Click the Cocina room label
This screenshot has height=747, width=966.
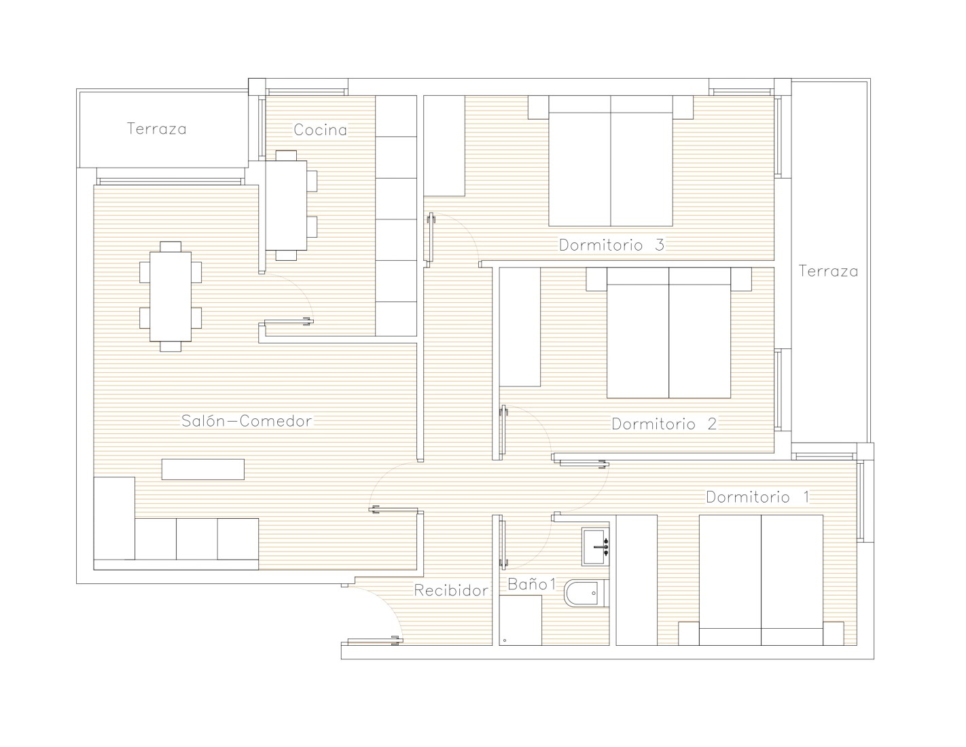coord(320,130)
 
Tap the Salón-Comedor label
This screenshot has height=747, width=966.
coord(247,420)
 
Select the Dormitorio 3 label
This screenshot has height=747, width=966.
coord(611,245)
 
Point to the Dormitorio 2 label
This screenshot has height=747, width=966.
coord(664,424)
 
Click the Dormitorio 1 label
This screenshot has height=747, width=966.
coord(758,497)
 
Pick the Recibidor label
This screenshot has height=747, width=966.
coord(452,590)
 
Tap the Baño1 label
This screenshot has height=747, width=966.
coord(532,584)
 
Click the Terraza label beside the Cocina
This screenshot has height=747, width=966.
coord(156,129)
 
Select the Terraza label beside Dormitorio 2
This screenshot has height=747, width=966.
coord(828,271)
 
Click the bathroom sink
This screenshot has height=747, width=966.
coord(595,547)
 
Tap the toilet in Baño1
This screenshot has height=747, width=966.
coord(585,593)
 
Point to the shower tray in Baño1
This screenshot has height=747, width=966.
coord(520,621)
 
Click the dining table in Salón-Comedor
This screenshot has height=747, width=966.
coord(171,296)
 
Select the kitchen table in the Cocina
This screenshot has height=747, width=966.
coord(286,205)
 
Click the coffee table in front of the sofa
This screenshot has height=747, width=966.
coord(202,469)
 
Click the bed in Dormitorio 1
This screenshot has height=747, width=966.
coord(761,580)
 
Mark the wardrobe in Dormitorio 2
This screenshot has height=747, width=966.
coord(520,327)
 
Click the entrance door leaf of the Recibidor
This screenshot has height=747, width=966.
coord(374,640)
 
